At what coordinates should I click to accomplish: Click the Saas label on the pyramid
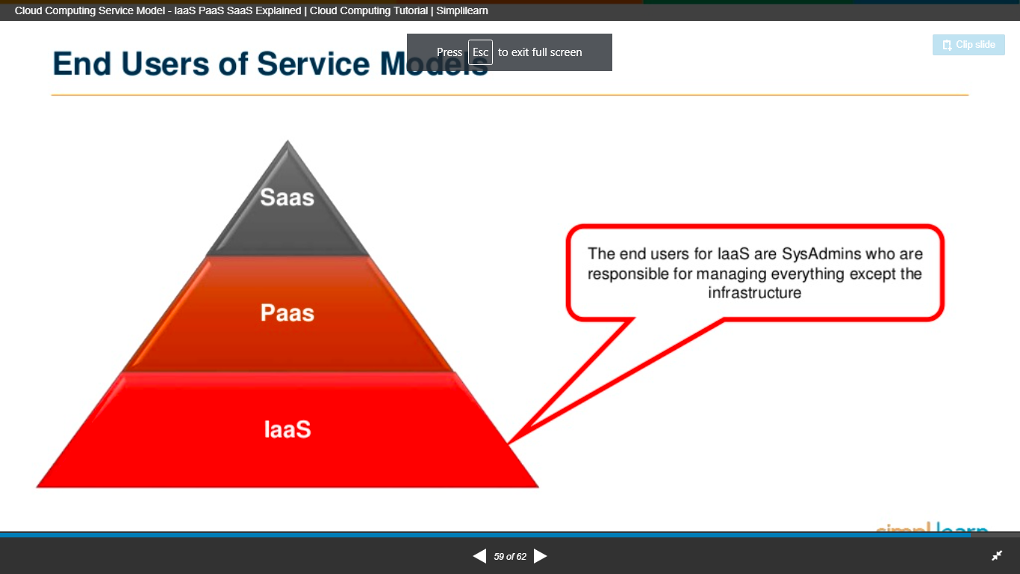(287, 197)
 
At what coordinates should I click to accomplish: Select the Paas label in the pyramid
(287, 312)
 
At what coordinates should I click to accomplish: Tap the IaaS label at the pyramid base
(287, 430)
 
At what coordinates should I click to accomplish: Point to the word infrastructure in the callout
(754, 293)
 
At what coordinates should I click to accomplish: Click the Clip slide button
(968, 45)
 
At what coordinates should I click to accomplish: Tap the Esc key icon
(480, 52)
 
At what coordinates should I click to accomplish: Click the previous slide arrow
(479, 556)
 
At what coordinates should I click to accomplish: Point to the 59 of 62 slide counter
(510, 557)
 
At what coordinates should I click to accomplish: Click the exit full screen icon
(996, 556)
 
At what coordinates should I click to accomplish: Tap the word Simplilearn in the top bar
(462, 11)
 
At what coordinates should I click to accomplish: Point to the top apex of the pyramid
(287, 142)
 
